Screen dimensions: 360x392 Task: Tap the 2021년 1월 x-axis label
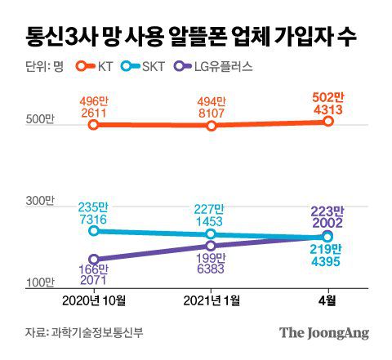pyautogui.click(x=211, y=300)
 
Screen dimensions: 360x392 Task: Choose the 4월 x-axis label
pyautogui.click(x=327, y=300)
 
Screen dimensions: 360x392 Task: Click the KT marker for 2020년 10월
pyautogui.click(x=94, y=125)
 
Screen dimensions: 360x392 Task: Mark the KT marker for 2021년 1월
pyautogui.click(x=211, y=126)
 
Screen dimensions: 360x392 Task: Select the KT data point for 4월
pyautogui.click(x=327, y=121)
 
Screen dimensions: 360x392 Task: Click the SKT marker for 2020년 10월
pyautogui.click(x=94, y=231)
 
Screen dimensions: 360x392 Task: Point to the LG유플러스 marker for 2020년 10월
pyautogui.click(x=94, y=259)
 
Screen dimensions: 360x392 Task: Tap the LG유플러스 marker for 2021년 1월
pyautogui.click(x=211, y=245)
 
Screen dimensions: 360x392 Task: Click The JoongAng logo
pyautogui.click(x=324, y=332)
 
